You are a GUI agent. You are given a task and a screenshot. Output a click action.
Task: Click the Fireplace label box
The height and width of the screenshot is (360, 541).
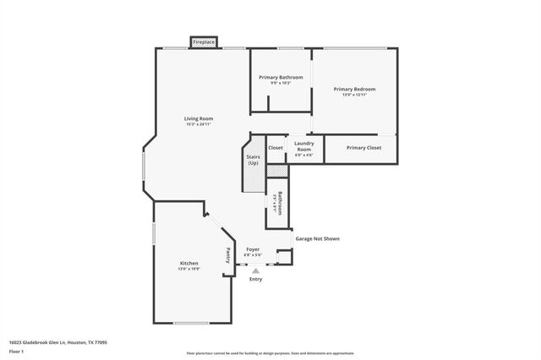[204, 41]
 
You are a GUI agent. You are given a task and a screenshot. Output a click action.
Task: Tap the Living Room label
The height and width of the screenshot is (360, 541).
[199, 118]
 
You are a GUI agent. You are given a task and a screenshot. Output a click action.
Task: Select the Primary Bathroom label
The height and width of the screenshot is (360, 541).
[281, 78]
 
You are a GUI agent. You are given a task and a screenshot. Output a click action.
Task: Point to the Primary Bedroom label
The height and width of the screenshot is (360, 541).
[354, 89]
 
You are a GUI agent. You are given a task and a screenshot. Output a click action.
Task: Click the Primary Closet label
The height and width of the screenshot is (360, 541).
[363, 148]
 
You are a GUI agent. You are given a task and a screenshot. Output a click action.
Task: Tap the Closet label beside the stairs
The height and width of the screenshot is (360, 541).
[276, 148]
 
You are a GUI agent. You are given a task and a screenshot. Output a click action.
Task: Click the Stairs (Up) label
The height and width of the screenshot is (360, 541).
[253, 159]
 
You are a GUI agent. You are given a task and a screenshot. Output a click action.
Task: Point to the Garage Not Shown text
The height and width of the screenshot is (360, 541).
[317, 238]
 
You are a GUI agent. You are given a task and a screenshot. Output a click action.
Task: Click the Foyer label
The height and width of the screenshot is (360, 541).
[253, 249]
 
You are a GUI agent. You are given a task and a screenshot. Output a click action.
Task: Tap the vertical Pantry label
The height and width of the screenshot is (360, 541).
[227, 255]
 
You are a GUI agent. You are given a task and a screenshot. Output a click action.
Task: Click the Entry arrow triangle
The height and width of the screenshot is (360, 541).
[256, 270]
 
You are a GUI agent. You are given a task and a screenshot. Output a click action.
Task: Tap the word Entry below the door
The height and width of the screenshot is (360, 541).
[255, 279]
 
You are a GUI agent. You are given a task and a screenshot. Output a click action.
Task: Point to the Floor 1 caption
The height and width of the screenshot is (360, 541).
[17, 351]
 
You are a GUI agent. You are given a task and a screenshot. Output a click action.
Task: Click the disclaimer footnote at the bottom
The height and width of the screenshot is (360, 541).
[270, 353]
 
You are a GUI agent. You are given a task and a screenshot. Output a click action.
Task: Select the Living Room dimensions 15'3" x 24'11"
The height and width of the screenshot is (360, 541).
[199, 124]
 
